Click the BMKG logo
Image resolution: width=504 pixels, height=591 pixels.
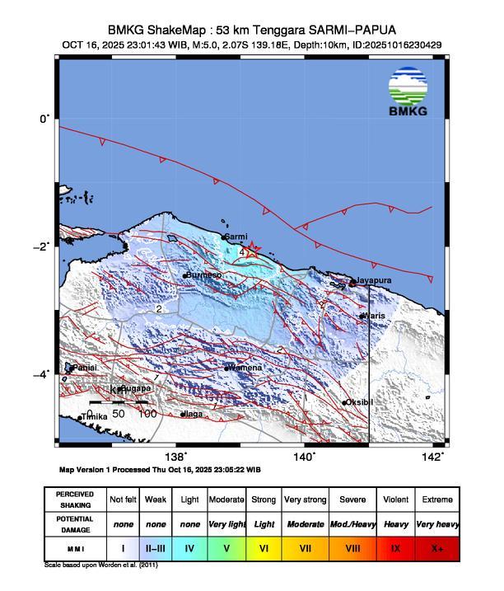tap(408, 95)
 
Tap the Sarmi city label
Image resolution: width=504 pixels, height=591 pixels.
tap(236, 237)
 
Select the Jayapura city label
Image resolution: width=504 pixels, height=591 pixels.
tap(373, 281)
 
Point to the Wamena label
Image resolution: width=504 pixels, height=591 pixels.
tap(245, 368)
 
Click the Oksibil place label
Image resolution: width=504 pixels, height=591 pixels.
tap(359, 402)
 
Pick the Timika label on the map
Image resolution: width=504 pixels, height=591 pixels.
tap(94, 418)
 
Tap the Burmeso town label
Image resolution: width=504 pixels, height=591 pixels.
tap(203, 274)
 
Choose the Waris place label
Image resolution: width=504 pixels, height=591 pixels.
tap(375, 316)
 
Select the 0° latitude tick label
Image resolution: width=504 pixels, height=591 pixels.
tap(44, 119)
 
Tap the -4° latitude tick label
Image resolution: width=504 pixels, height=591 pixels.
tap(42, 375)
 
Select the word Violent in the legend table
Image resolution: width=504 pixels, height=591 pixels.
tap(395, 500)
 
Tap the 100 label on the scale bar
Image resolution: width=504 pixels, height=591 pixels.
tap(147, 413)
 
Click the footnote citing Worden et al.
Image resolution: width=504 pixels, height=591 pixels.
tap(100, 565)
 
